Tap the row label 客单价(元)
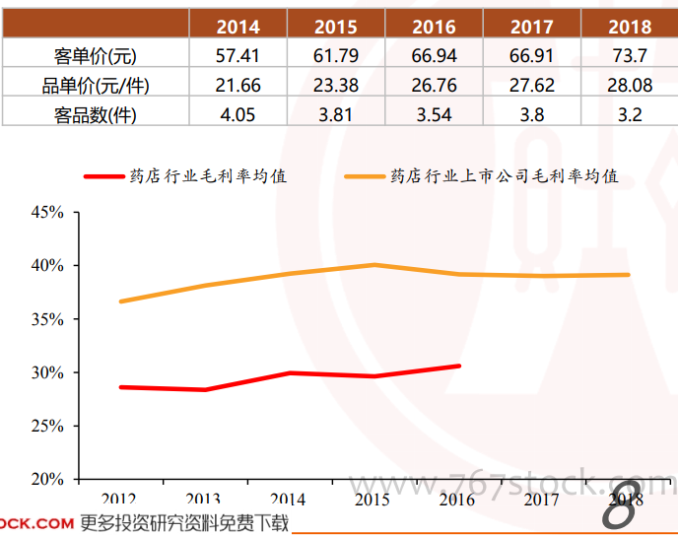(96, 56)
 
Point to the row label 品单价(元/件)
(96, 86)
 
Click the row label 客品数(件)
(96, 115)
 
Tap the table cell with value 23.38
(335, 86)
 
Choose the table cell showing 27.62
(532, 86)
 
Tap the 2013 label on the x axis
(203, 500)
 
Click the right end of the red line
(458, 367)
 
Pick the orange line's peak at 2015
(374, 265)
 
